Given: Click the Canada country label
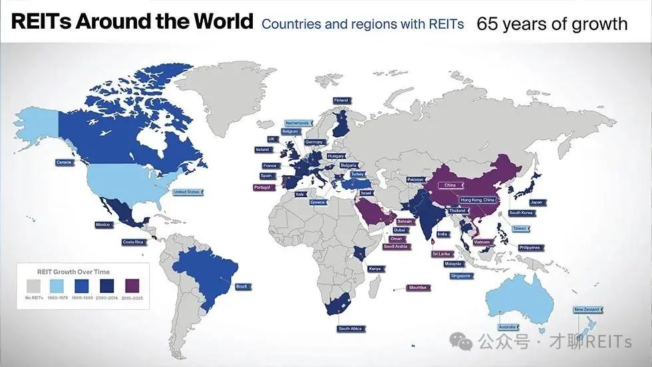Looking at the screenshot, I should pyautogui.click(x=64, y=162).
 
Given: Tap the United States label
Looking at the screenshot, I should pyautogui.click(x=187, y=192).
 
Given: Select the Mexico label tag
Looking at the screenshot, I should pyautogui.click(x=102, y=224).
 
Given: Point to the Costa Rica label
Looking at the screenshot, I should pyautogui.click(x=132, y=242).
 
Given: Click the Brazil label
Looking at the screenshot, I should pyautogui.click(x=242, y=286).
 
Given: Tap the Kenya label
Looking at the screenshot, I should pyautogui.click(x=374, y=268).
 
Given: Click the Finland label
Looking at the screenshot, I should pyautogui.click(x=341, y=101).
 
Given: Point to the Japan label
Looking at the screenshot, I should pyautogui.click(x=536, y=202).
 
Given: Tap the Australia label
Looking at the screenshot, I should pyautogui.click(x=508, y=326).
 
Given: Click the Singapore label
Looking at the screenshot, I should pyautogui.click(x=460, y=275).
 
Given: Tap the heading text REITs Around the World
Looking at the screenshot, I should pyautogui.click(x=132, y=22).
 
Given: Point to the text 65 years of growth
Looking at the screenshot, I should pyautogui.click(x=552, y=24).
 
